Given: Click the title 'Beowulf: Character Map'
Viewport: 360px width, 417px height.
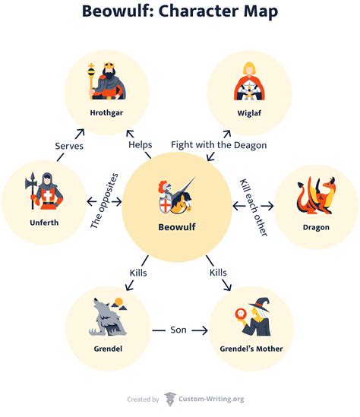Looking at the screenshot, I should (180, 12).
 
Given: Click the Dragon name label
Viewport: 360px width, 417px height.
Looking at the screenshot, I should (315, 226).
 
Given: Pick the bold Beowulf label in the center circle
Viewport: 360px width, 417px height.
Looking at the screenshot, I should (175, 226).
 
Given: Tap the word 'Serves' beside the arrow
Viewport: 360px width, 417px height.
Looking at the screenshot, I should (69, 145).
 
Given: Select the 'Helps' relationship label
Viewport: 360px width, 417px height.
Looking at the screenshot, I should (140, 144).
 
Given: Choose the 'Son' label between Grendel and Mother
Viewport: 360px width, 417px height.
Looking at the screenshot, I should (179, 330).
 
